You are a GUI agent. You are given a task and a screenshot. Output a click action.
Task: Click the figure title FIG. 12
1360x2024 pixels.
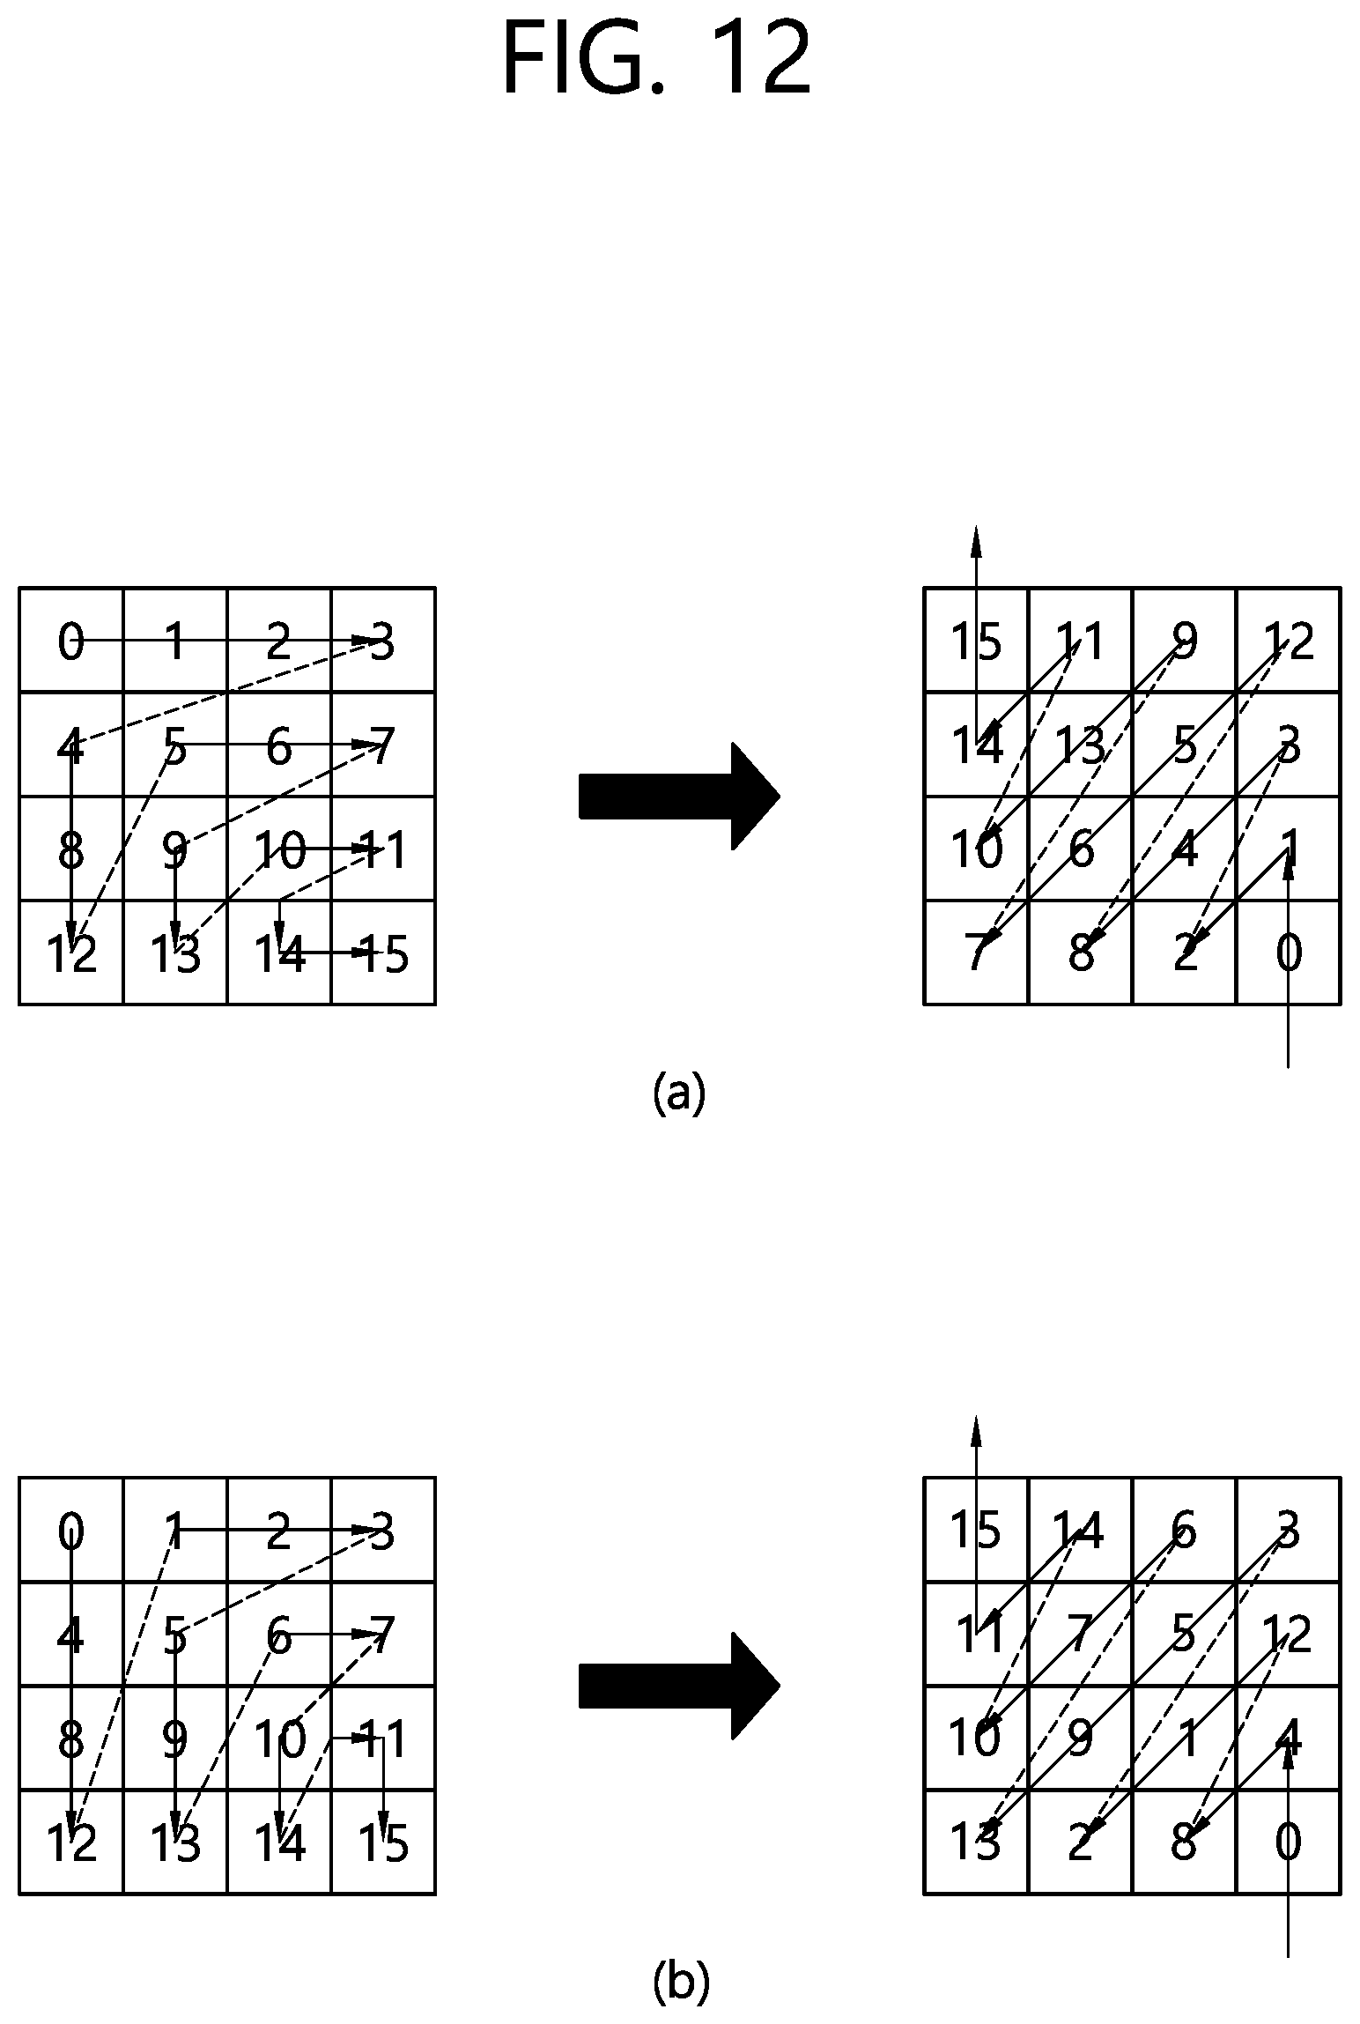tap(656, 60)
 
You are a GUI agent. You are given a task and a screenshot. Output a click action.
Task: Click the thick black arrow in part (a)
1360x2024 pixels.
tap(679, 797)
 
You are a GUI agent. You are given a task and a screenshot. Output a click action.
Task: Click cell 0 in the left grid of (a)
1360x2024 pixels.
tap(71, 640)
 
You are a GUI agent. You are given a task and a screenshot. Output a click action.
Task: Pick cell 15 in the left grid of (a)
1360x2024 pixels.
tap(383, 953)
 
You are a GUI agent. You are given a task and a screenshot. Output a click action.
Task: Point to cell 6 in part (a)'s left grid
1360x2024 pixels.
tap(279, 745)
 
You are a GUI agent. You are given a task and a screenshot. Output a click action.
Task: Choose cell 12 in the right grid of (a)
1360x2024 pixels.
tap(1289, 640)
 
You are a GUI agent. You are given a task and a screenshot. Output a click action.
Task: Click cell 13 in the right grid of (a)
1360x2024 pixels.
tap(1081, 745)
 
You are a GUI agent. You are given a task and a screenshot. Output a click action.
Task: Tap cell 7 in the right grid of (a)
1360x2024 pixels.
tap(977, 953)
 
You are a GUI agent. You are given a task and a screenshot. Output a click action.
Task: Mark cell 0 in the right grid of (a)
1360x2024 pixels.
tap(1289, 953)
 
